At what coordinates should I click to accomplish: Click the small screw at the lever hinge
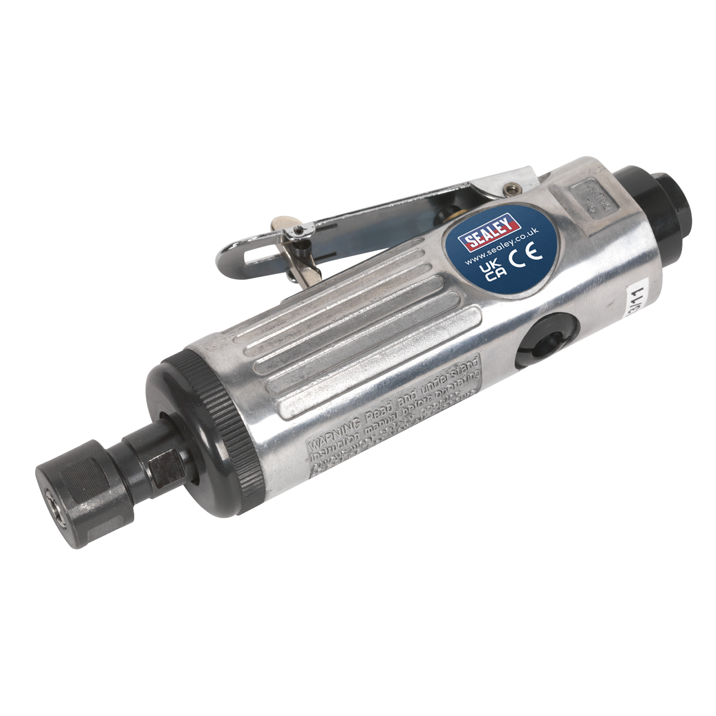[x=510, y=190]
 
